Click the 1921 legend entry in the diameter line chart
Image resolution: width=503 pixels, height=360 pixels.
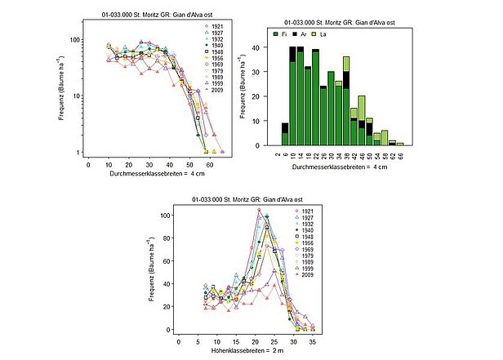pos(213,27)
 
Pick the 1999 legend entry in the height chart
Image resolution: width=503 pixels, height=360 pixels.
pos(304,269)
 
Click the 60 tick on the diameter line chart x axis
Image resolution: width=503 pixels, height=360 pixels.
pos(211,163)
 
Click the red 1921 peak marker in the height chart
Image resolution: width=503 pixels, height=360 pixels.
pos(259,211)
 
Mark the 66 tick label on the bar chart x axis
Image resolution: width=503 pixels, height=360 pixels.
pos(400,155)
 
